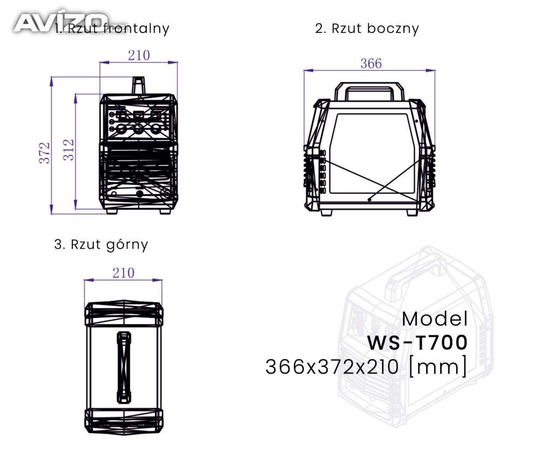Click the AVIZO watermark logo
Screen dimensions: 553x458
tap(60, 23)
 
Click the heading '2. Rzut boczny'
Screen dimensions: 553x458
tap(367, 29)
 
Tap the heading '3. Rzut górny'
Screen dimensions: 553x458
tap(101, 245)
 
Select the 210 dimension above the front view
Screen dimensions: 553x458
tap(139, 56)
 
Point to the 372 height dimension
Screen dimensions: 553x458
tap(44, 153)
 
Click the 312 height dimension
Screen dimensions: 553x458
tap(69, 150)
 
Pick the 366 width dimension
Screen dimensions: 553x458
tap(371, 64)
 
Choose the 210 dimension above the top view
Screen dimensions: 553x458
tap(124, 273)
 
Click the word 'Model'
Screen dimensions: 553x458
tap(435, 319)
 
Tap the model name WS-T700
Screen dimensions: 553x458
tap(417, 342)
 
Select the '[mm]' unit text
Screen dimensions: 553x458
tap(437, 367)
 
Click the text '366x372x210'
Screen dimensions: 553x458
tap(332, 367)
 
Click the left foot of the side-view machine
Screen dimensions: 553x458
tap(326, 213)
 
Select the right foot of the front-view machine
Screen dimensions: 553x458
tap(165, 211)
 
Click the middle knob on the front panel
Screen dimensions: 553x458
tap(138, 129)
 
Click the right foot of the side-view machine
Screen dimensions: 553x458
tap(413, 213)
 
